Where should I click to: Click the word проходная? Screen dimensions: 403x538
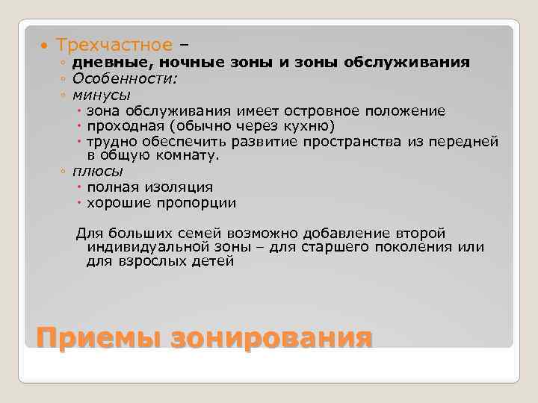[122, 126]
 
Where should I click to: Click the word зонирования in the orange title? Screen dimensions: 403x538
[271, 337]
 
